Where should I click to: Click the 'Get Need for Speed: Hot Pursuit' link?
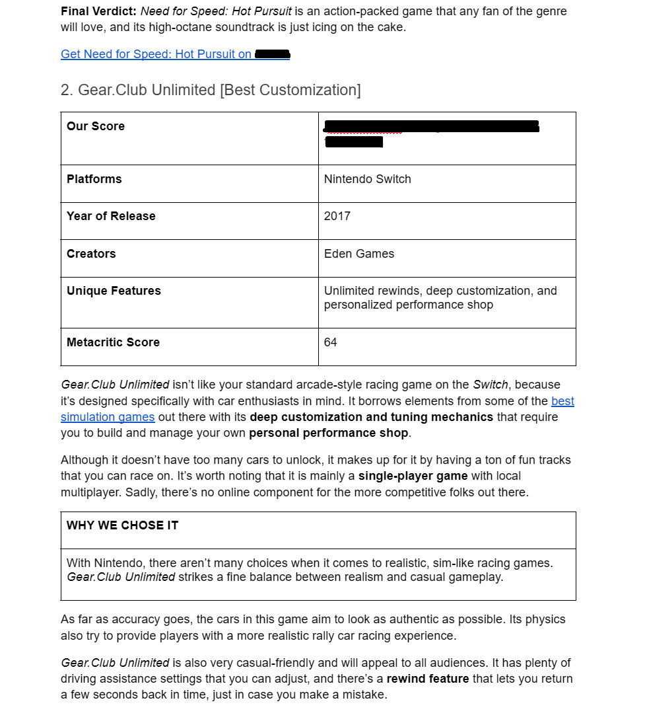156,54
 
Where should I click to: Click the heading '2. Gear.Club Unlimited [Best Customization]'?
211,90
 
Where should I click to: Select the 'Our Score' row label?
96,126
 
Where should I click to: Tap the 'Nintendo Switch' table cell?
368,179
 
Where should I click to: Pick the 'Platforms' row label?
94,179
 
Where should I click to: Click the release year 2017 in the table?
337,216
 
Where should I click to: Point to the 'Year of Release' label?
111,216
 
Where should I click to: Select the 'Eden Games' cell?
359,254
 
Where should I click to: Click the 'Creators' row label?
91,254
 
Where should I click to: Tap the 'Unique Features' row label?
114,291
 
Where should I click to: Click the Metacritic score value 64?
331,342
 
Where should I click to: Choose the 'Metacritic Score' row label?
113,342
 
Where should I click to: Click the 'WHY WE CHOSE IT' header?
123,525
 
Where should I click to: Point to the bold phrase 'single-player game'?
413,476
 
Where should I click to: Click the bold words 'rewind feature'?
428,679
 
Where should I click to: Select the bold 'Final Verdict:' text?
99,11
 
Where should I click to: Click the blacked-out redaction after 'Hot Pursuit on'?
272,54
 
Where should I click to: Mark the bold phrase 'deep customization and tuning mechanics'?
372,417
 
